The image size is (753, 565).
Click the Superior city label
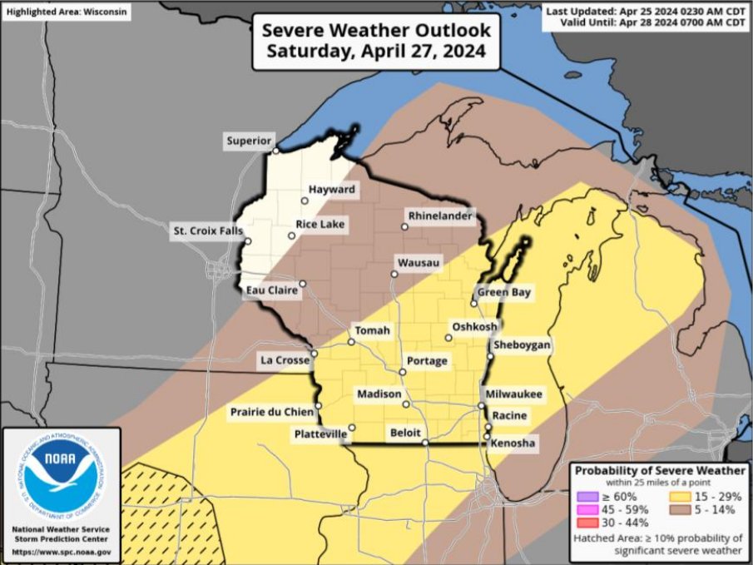[249, 141]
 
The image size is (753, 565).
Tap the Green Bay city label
[503, 292]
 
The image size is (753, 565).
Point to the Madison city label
[379, 394]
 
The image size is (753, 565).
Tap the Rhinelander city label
[438, 216]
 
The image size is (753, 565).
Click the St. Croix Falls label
[206, 230]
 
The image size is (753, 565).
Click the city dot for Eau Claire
[303, 284]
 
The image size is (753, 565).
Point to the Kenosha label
[513, 445]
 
